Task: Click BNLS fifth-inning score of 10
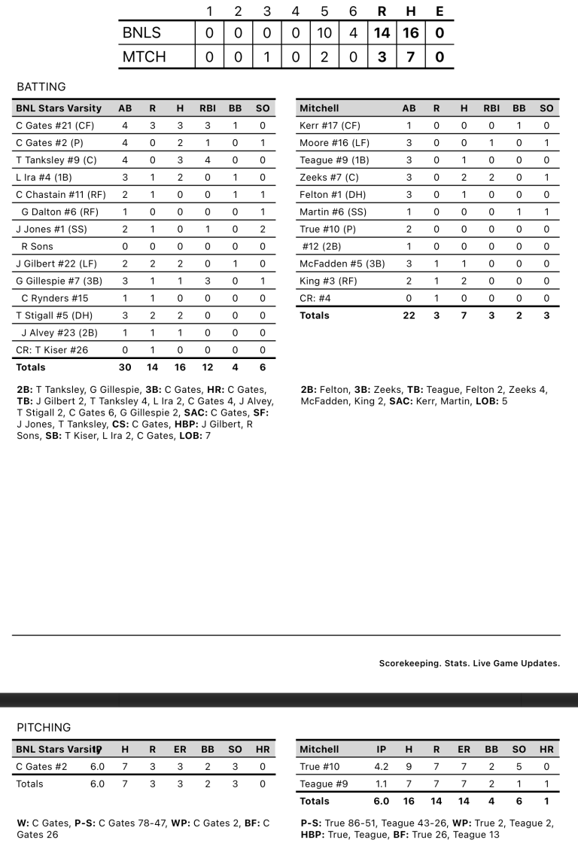(324, 33)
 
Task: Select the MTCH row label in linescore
(144, 56)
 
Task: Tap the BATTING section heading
(41, 87)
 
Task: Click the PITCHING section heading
(44, 728)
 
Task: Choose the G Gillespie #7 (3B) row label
(57, 281)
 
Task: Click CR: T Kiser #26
(51, 350)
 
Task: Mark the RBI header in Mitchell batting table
(491, 108)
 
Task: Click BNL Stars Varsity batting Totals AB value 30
(125, 367)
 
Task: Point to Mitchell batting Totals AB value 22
(409, 315)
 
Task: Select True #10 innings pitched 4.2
(382, 767)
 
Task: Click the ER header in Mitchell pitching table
(464, 750)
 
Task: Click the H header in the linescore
(411, 11)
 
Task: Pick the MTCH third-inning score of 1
(266, 56)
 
